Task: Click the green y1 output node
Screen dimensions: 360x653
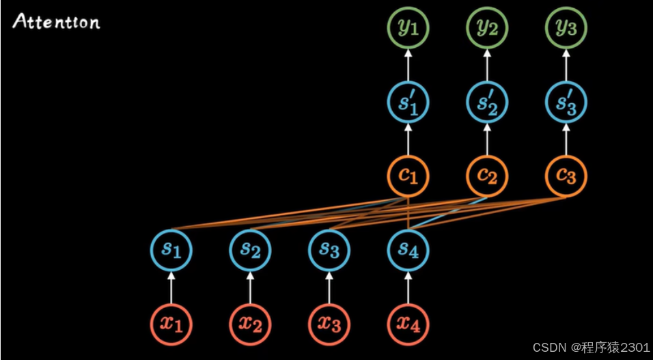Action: coord(408,29)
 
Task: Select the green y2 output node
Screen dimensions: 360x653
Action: coord(487,29)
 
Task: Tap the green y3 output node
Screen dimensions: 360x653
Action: coord(566,29)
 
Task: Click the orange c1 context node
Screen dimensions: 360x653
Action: coord(408,176)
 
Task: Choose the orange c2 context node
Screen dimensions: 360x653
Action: coord(487,176)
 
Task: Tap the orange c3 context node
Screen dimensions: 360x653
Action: coord(566,176)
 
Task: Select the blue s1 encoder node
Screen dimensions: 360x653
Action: coord(171,250)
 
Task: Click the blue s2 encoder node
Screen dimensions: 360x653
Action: coord(250,250)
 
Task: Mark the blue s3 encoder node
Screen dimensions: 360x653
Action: coord(329,250)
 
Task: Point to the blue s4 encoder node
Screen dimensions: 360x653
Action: coord(408,250)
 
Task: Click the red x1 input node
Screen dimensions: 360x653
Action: coord(171,322)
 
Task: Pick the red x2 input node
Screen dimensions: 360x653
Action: coord(250,322)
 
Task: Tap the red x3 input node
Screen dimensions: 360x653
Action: coord(329,322)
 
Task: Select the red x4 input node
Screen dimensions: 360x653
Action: coord(408,322)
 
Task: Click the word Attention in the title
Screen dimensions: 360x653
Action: coord(57,22)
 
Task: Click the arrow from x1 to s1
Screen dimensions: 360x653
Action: coord(171,286)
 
